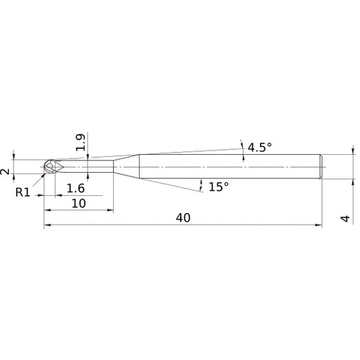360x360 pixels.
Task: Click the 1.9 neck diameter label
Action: pos(80,143)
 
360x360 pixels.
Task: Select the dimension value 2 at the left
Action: pos(6,171)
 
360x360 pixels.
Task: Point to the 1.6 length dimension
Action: pos(76,189)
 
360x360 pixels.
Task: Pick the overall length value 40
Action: pos(182,218)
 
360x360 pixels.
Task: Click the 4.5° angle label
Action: pos(259,148)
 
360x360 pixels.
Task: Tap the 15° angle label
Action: pos(218,186)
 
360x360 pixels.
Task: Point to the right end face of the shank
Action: pos(320,166)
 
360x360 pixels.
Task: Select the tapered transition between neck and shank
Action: pos(125,166)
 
